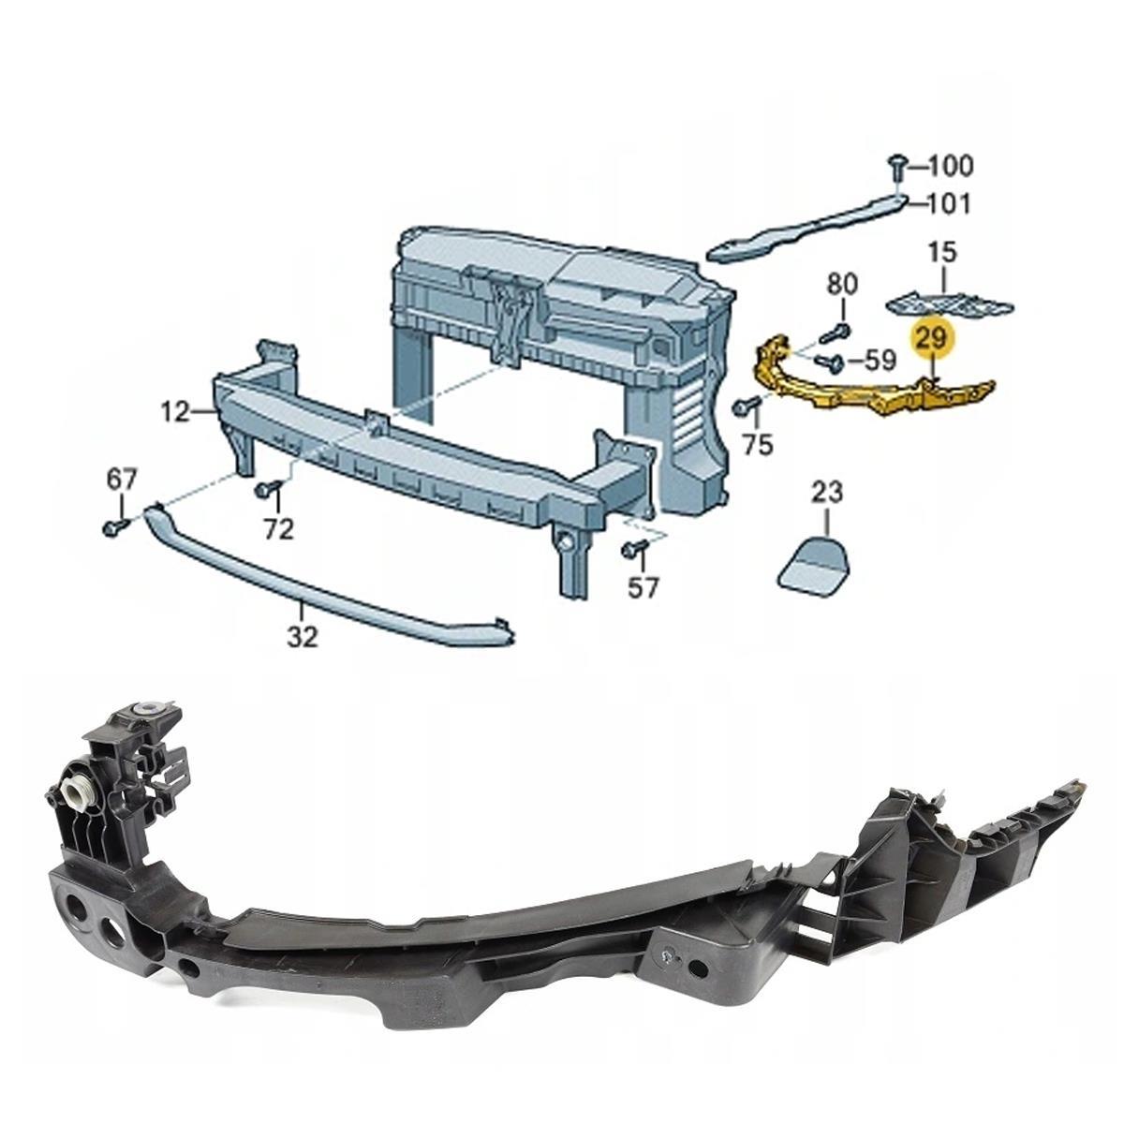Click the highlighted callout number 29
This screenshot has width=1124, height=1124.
coord(932,338)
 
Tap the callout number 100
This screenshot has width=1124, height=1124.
coord(950,166)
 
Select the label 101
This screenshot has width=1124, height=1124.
coord(949,204)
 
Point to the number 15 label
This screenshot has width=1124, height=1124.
coord(943,253)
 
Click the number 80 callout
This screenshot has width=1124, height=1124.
coord(843,284)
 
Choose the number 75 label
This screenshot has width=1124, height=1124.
coord(758,445)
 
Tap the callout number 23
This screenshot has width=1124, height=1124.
coord(827,493)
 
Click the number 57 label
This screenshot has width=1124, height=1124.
coord(643,587)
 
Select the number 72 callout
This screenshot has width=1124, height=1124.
coord(277,530)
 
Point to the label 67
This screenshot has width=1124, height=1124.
coord(122,480)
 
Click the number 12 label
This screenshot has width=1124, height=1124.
coord(174,413)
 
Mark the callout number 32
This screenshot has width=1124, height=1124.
coord(303,637)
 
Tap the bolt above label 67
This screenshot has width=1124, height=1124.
coord(115,526)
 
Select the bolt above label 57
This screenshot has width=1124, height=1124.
coord(635,548)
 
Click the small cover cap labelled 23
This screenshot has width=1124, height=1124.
coord(812,561)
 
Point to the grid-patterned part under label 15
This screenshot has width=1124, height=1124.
coord(950,304)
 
